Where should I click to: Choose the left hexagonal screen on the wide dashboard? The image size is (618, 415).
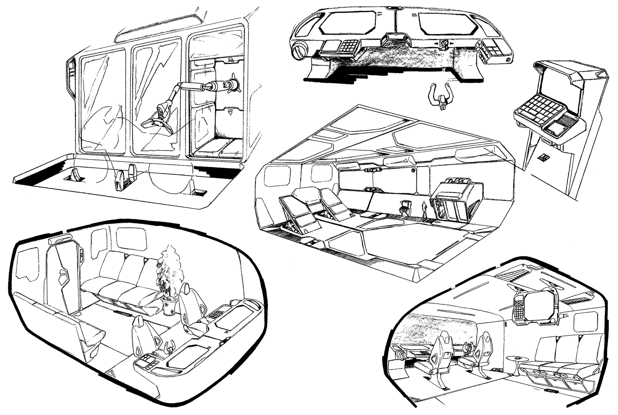347,23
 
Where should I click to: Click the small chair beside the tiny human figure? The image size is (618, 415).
405,206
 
